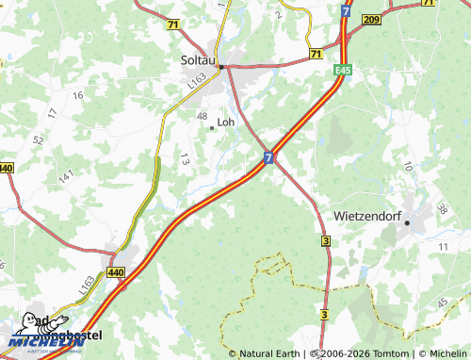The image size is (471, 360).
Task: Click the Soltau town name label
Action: [199, 58]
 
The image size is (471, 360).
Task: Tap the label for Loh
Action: [226, 122]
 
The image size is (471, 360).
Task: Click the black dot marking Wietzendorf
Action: [408, 222]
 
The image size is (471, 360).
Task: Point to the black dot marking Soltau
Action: [220, 67]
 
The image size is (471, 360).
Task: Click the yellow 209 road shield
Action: [371, 19]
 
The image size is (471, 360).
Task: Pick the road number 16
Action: [77, 95]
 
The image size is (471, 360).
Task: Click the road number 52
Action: [38, 139]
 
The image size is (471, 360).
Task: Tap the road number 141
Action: [67, 176]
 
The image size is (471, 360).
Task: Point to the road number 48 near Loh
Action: [202, 116]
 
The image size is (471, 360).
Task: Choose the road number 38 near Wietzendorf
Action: [441, 209]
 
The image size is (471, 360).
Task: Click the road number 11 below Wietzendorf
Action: [444, 246]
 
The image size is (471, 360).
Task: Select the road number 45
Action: [443, 303]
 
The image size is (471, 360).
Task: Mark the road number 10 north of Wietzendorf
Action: [407, 166]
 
